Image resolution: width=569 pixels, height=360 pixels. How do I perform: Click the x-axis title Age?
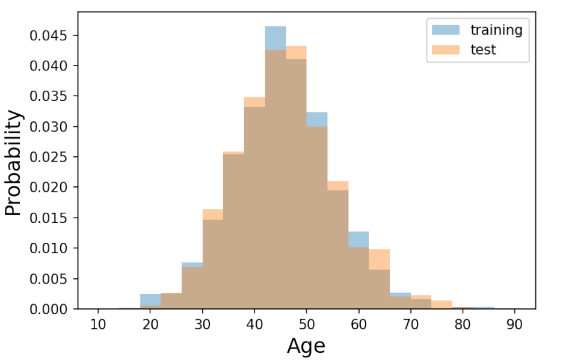(306, 346)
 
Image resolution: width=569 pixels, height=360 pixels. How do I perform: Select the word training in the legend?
(496, 29)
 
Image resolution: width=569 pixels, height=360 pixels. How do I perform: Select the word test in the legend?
(483, 50)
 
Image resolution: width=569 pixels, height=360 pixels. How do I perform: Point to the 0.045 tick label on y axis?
(50, 35)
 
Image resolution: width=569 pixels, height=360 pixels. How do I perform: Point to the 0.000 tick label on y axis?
(50, 309)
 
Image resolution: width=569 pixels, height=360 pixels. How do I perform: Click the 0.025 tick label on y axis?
(50, 157)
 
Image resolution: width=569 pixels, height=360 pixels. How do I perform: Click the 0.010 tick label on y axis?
(50, 248)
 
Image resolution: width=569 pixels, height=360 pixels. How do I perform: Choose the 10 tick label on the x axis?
(99, 324)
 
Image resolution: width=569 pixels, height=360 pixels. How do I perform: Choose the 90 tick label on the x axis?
(514, 324)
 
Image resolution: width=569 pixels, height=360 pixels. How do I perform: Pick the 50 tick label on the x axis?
(306, 324)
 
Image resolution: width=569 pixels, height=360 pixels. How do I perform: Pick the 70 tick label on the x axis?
(410, 324)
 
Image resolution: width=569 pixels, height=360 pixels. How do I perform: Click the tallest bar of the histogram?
(275, 180)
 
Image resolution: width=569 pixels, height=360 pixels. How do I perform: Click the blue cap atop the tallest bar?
(275, 38)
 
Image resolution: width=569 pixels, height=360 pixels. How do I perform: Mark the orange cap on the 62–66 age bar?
(379, 259)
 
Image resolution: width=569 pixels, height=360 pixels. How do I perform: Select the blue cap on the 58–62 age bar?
(358, 239)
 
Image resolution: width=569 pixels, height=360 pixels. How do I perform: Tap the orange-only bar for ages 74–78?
(441, 305)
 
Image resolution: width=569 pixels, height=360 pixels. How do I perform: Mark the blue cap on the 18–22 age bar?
(150, 299)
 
